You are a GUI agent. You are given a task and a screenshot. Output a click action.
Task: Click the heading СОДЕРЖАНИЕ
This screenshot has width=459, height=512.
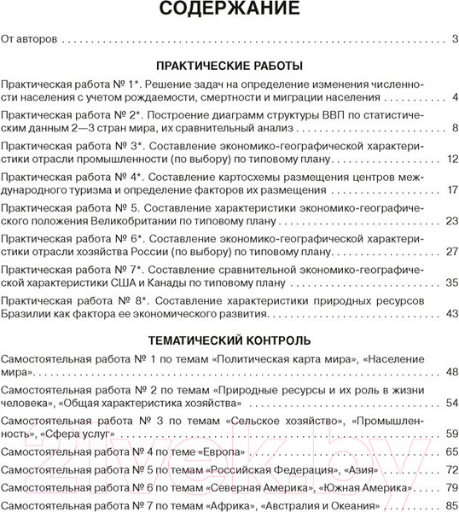point(229,10)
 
